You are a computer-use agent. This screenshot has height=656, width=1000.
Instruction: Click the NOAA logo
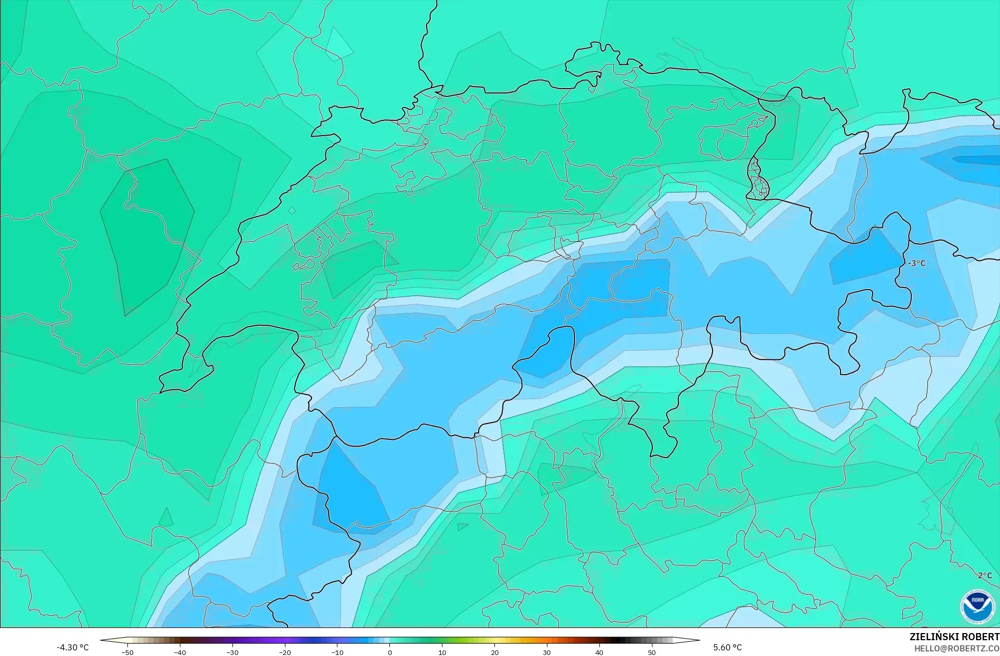[x=977, y=607]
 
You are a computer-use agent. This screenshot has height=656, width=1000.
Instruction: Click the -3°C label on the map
[x=916, y=263]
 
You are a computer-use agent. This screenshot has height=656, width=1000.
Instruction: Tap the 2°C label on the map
[x=985, y=575]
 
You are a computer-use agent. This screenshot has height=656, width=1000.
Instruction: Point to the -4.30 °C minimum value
[x=72, y=647]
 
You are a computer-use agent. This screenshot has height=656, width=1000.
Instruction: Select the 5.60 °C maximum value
[x=727, y=647]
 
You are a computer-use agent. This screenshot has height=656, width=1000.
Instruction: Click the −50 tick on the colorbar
[x=127, y=652]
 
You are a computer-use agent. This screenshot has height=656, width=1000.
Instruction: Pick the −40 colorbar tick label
[x=180, y=652]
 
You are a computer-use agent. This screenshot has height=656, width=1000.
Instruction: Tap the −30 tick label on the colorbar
[x=232, y=652]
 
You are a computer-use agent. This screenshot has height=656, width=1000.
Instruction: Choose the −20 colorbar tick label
[x=285, y=652]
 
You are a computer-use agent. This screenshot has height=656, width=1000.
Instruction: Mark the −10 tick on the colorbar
[x=337, y=652]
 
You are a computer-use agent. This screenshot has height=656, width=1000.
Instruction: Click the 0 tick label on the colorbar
[x=390, y=652]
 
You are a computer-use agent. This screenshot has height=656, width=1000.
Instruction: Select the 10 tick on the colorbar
[x=442, y=652]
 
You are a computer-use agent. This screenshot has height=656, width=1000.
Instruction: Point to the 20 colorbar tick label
[x=494, y=652]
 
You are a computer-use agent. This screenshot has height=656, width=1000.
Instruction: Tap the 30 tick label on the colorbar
[x=547, y=652]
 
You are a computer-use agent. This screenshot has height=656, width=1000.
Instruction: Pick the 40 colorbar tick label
[x=599, y=652]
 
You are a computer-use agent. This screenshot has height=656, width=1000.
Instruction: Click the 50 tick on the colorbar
[x=652, y=652]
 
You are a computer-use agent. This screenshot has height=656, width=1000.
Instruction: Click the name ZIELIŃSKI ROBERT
[x=954, y=637]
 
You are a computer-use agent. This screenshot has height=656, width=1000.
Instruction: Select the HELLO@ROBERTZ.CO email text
[x=956, y=648]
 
